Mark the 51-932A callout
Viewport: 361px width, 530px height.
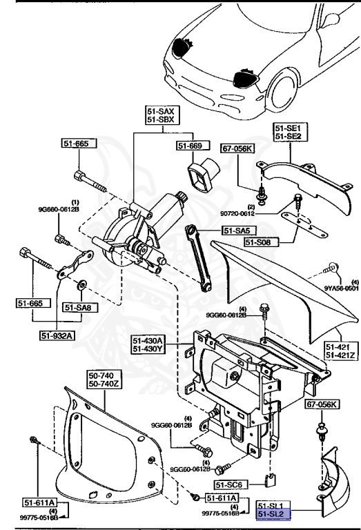(x=59, y=336)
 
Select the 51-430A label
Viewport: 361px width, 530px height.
(x=148, y=340)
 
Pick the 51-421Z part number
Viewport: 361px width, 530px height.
(x=340, y=355)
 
